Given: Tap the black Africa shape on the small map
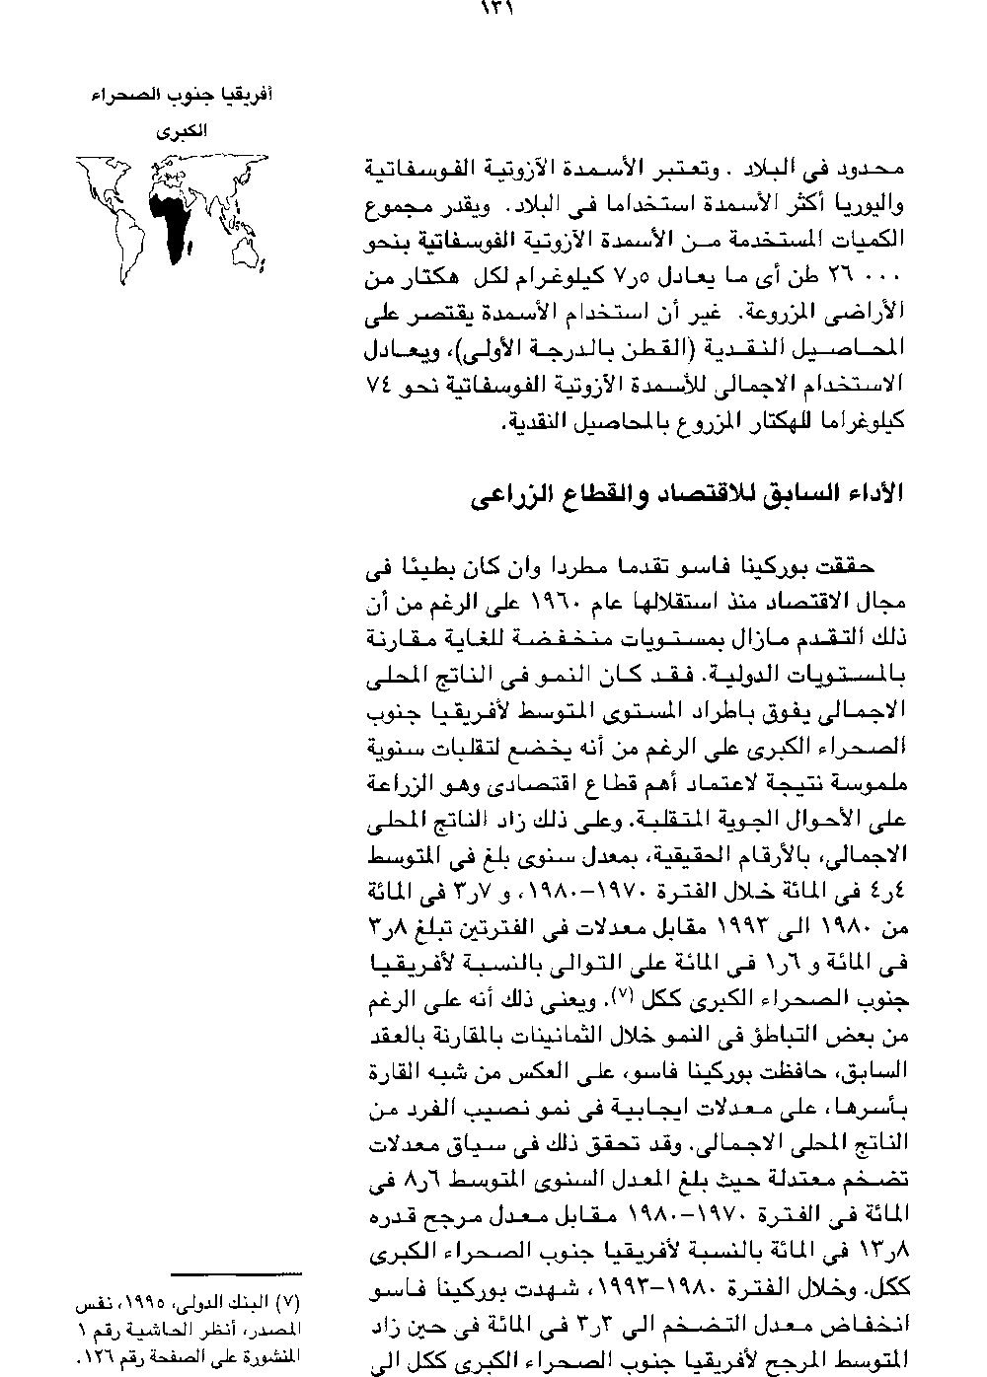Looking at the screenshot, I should coord(169,223).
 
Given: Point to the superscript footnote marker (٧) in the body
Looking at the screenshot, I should coord(617,996).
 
